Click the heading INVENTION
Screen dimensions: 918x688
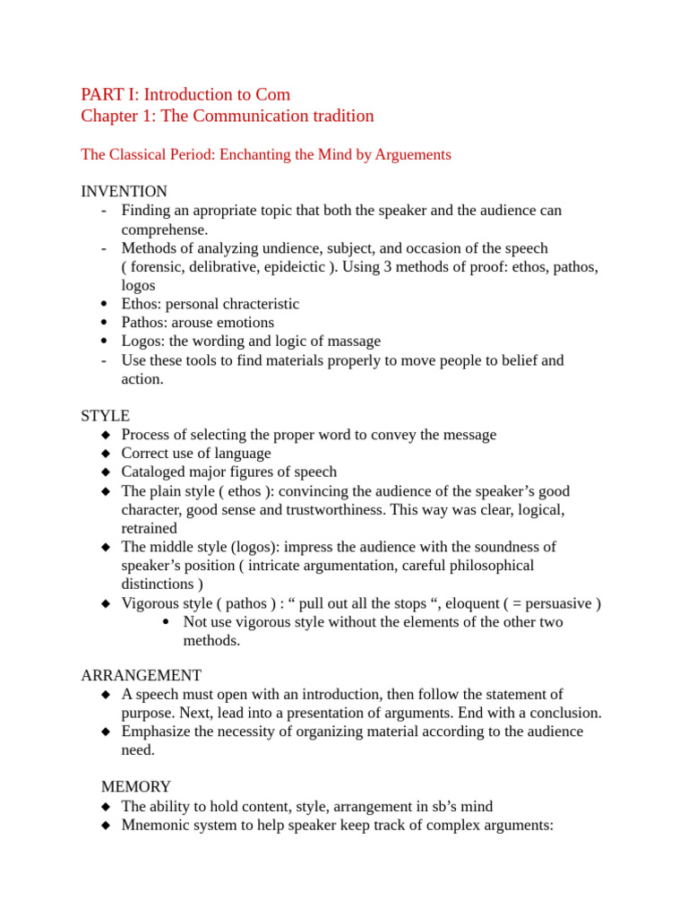[124, 192]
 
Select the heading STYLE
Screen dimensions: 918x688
[105, 416]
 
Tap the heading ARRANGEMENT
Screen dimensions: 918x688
[141, 675]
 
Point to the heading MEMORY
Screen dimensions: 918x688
[135, 787]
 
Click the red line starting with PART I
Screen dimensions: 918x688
[185, 94]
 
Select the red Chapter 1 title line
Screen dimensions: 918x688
[227, 116]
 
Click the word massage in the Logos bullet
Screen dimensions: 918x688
[354, 342]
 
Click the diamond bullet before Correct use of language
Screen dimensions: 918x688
[105, 454]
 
